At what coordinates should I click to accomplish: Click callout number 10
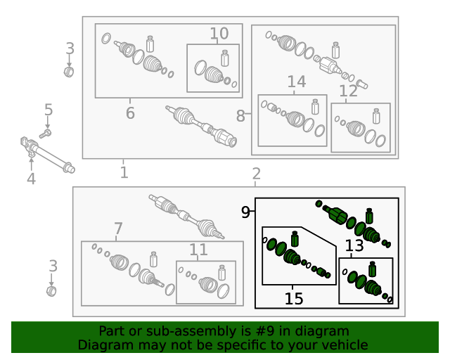point(219,34)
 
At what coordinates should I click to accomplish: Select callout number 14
point(297,82)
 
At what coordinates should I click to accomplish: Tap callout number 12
point(349,91)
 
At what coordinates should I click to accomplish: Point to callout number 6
point(130,112)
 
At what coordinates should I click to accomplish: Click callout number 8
point(240,116)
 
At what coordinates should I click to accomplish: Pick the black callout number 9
point(245,212)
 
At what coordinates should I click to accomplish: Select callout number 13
point(354,245)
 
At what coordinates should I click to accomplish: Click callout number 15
point(294,299)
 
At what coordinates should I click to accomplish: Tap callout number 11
point(198,250)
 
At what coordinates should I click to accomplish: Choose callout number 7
point(118,229)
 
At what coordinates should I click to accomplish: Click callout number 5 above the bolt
point(49,110)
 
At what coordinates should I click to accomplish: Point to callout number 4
point(31,179)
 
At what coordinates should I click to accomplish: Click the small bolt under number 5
point(45,134)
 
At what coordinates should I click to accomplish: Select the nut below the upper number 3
point(69,72)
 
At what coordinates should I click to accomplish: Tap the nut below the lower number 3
point(51,291)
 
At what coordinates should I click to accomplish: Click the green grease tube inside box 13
point(372,269)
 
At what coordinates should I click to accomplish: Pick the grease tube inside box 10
point(225,58)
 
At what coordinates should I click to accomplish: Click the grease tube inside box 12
point(376,116)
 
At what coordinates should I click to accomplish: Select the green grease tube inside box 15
point(295,239)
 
